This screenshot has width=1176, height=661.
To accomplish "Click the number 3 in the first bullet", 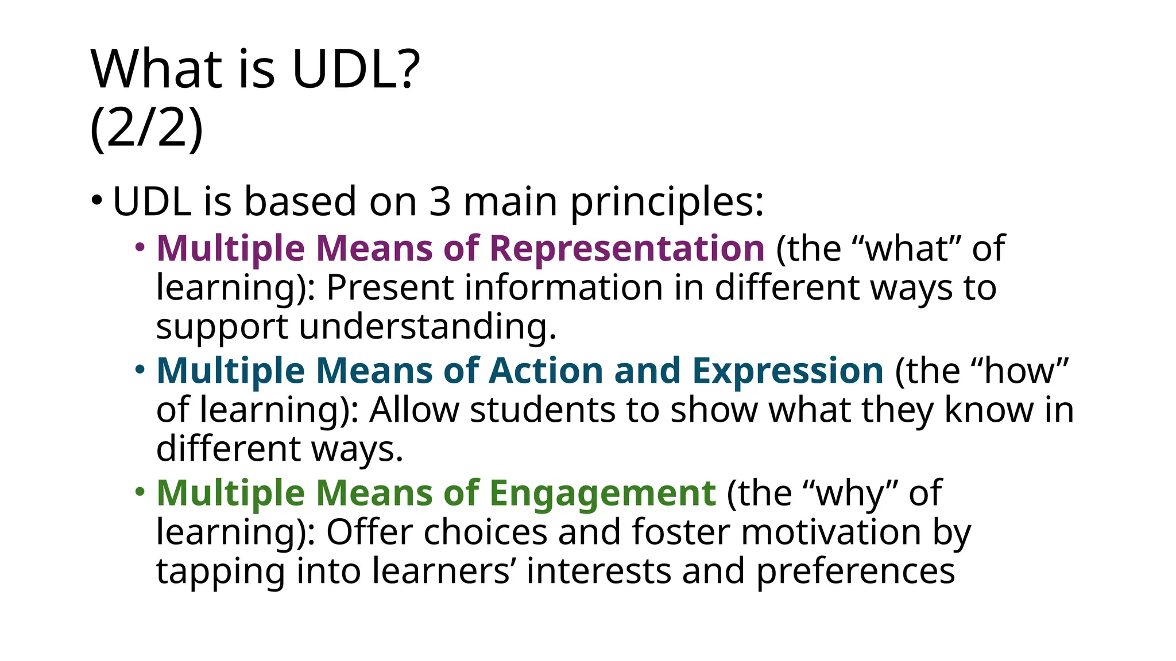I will tap(439, 201).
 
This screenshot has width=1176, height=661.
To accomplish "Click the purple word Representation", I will tap(627, 248).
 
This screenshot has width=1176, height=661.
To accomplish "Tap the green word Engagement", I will tap(603, 493).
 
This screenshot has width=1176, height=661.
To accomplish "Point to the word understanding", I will tap(427, 327).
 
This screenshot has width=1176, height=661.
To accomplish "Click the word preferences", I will tap(855, 571).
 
